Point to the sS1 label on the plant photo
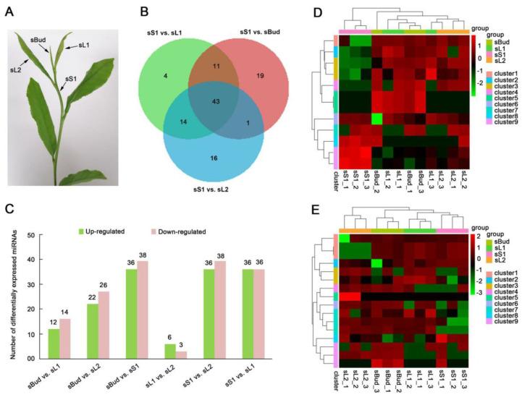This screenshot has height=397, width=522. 72,77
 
